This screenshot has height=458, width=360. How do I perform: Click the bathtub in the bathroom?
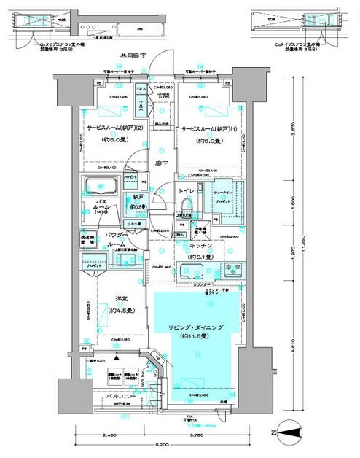tap(103, 185)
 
